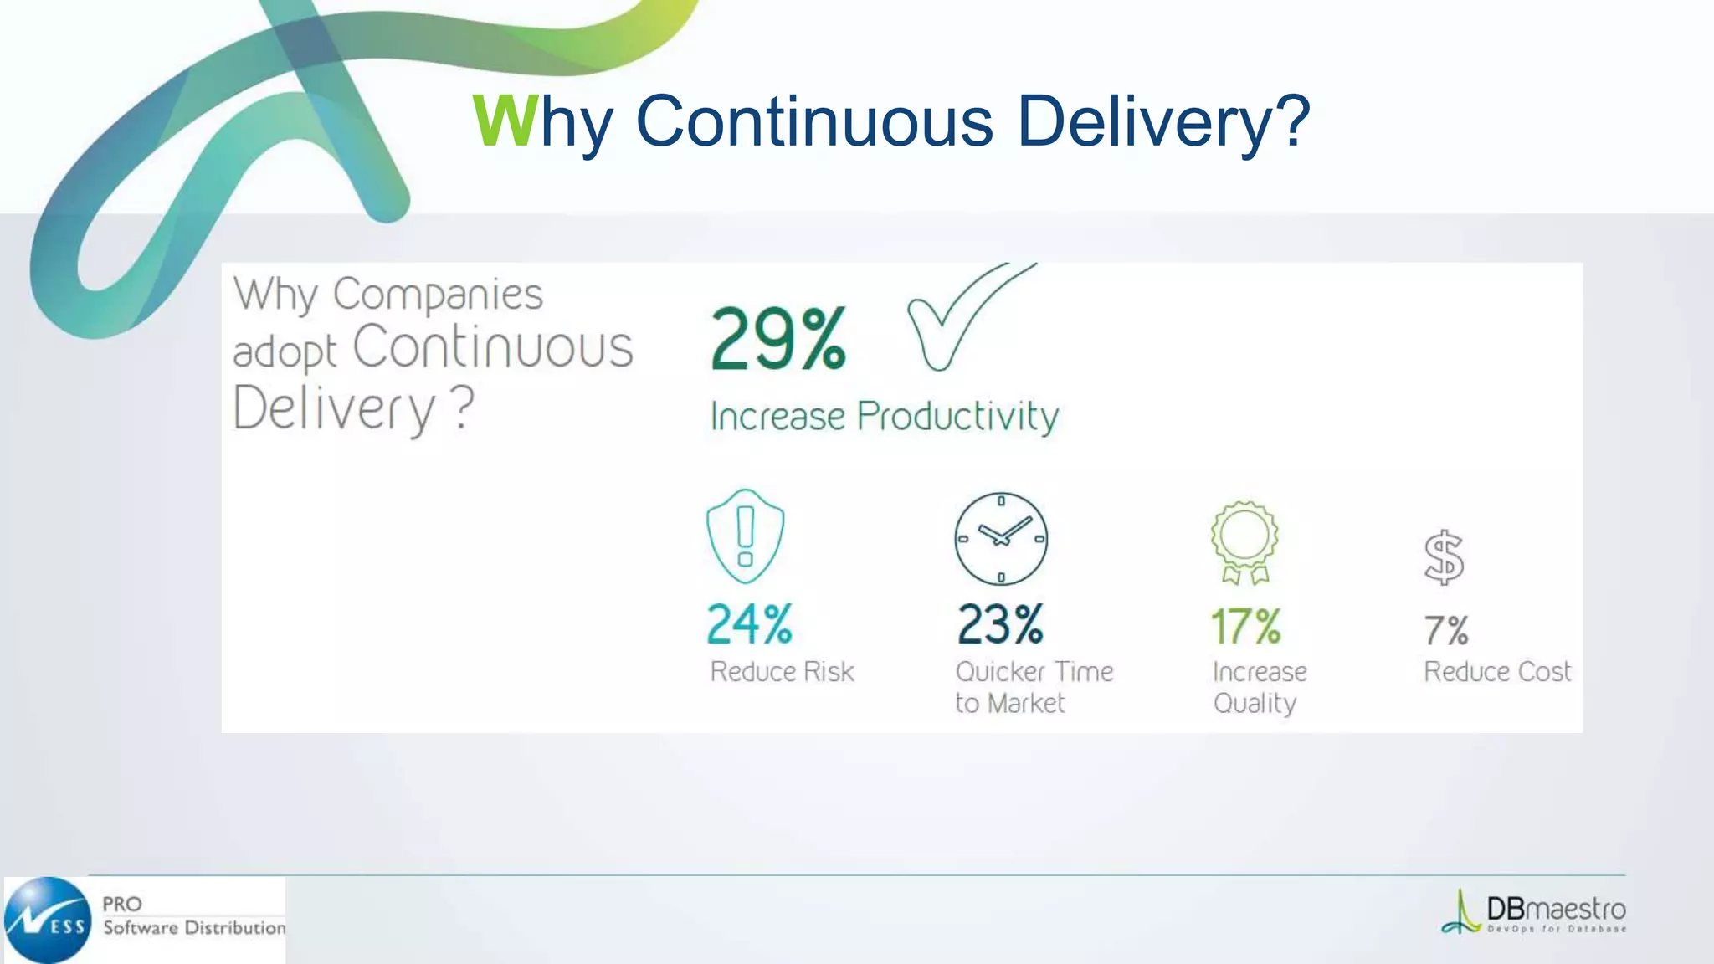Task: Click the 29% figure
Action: tap(778, 339)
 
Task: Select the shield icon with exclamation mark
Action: tap(745, 536)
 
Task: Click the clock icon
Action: tap(1001, 539)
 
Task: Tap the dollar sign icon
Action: tap(1444, 557)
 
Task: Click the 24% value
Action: tap(749, 624)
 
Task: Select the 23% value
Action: tap(1000, 624)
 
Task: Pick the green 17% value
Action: tap(1245, 626)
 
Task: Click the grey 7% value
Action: tap(1445, 630)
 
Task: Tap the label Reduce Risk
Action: tap(782, 672)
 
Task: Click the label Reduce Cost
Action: tap(1497, 672)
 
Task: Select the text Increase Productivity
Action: tap(884, 417)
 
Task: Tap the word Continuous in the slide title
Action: tap(814, 121)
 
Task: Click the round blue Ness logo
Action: tap(49, 920)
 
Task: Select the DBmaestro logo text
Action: tap(1555, 909)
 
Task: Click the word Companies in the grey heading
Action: tap(438, 295)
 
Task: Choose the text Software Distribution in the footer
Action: tap(194, 927)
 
